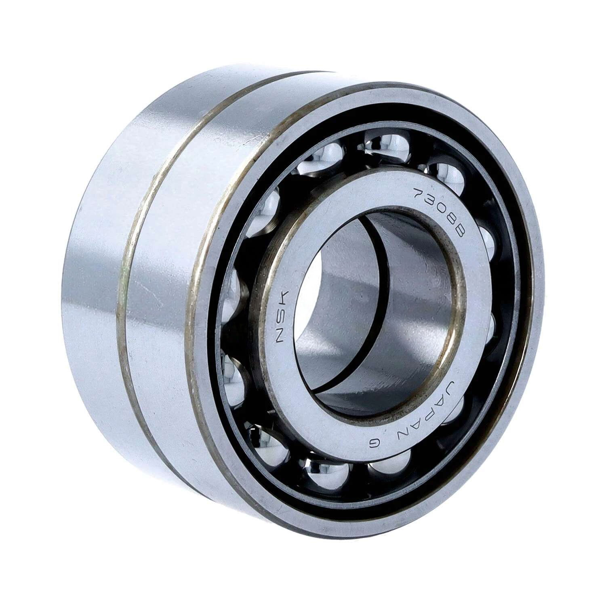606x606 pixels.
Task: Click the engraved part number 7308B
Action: [x=440, y=212]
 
